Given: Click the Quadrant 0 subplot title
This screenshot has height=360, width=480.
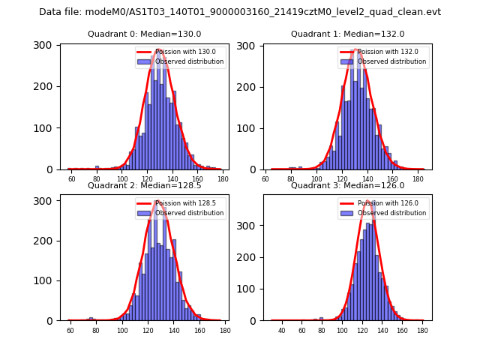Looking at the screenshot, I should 145,34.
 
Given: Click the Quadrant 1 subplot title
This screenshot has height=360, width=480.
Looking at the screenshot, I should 348,34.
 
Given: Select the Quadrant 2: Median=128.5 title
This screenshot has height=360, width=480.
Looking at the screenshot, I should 145,185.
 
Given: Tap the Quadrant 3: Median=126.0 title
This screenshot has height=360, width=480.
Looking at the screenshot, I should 348,185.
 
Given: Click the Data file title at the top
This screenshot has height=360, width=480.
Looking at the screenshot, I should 240,12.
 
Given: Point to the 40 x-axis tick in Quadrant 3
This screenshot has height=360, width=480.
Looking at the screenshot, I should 282,330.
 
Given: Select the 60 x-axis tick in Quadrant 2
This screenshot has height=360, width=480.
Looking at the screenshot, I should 70,330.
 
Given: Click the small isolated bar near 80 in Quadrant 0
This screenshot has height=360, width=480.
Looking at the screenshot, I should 97,167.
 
